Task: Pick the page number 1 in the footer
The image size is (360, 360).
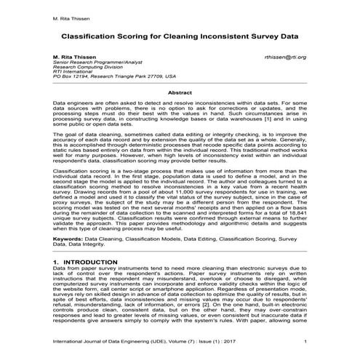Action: point(305,341)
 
